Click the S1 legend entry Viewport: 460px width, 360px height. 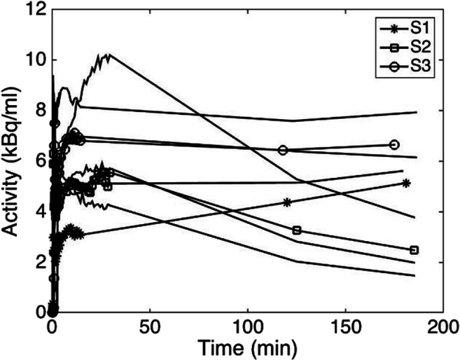(409, 31)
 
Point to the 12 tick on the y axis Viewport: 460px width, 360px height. (36, 10)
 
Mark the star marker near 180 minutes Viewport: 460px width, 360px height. (406, 183)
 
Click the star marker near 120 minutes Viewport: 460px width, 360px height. (287, 202)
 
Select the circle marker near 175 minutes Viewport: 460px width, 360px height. (394, 144)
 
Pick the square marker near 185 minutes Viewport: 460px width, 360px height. (414, 250)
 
